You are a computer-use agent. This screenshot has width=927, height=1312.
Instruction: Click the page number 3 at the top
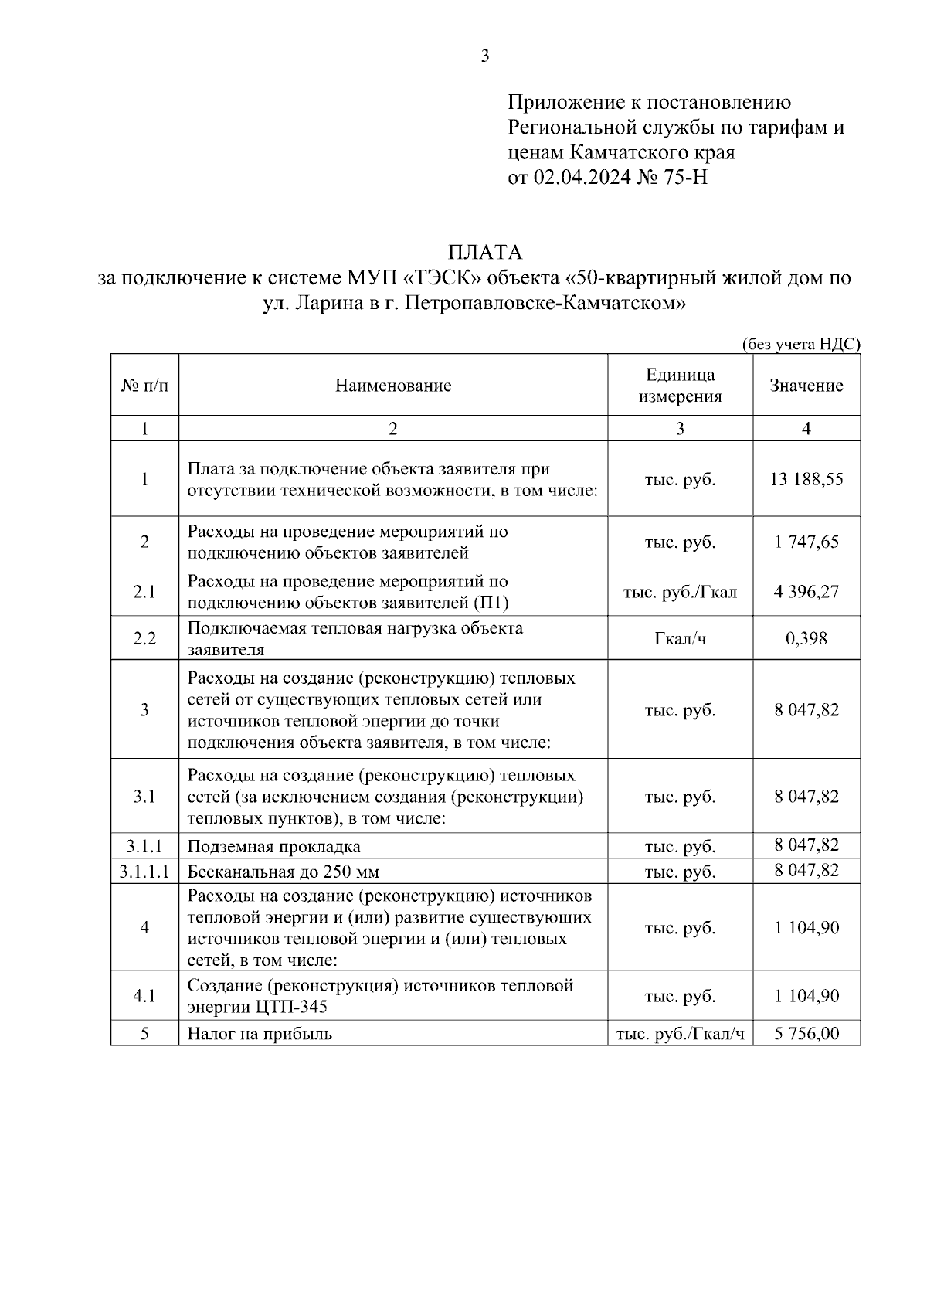[484, 56]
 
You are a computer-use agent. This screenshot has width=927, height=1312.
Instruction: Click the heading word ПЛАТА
[485, 253]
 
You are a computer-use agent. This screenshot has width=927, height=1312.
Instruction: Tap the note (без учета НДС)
[800, 345]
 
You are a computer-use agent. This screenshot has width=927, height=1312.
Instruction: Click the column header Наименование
[392, 386]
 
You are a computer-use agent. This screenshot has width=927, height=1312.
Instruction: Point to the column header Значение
[806, 386]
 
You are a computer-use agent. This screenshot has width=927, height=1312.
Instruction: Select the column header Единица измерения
[680, 386]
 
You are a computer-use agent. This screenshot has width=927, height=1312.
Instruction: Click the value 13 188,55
[806, 479]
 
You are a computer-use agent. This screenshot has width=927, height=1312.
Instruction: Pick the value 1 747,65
[806, 542]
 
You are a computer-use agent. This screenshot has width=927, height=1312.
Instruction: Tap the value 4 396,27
[806, 592]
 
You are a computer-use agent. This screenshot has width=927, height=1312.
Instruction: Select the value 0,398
[806, 638]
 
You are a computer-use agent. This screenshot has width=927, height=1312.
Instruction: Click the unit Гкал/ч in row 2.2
[680, 638]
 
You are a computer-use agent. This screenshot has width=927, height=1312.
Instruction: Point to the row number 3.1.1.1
[144, 872]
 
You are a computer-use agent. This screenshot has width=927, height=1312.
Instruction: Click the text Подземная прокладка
[274, 846]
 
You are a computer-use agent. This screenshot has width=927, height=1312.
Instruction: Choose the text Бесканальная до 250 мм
[284, 872]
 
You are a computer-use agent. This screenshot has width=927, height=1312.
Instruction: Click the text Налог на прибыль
[260, 1034]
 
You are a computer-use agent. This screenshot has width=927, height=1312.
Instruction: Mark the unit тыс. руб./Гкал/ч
[680, 1034]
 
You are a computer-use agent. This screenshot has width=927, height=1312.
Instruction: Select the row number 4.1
[144, 996]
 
